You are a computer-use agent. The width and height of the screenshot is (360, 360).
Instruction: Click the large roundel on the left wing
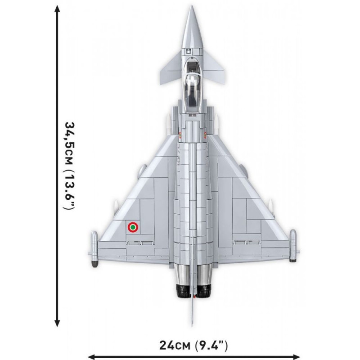[x=133, y=227]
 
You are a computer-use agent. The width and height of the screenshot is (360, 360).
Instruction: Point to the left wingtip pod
[x=94, y=249]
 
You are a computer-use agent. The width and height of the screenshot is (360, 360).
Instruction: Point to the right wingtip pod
[x=293, y=246]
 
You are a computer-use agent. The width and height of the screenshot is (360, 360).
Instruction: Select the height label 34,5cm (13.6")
[x=68, y=166]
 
